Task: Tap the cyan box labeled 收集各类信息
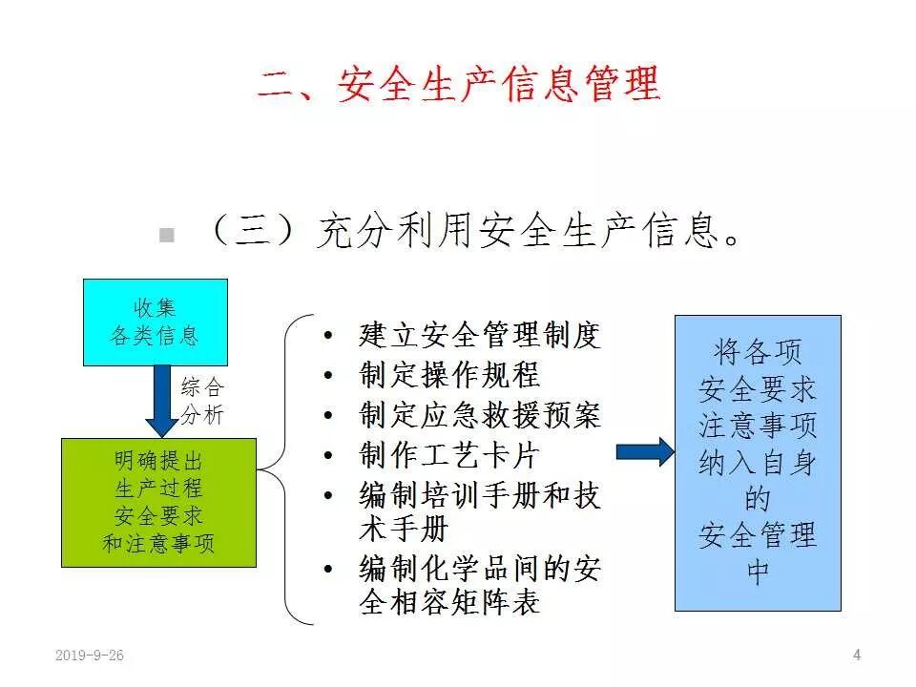156,322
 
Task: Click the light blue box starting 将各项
758,463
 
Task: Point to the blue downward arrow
160,401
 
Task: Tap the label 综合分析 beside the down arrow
202,402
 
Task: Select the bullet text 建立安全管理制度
480,335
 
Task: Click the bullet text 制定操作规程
449,375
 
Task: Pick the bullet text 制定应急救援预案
480,415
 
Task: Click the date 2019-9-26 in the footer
90,655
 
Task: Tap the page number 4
856,654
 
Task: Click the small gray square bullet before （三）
167,236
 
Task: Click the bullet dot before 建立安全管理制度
329,336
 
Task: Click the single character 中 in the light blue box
758,574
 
